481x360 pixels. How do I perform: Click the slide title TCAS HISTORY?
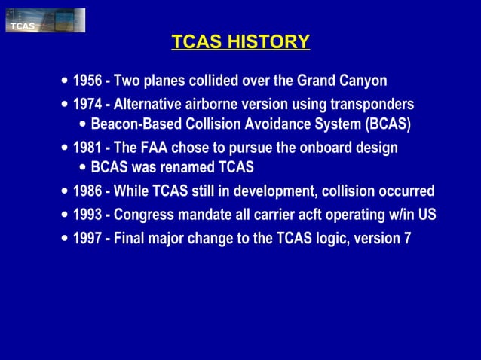pos(240,41)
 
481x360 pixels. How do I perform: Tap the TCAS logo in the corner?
pos(44,20)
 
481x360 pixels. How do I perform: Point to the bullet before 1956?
pos(65,81)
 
